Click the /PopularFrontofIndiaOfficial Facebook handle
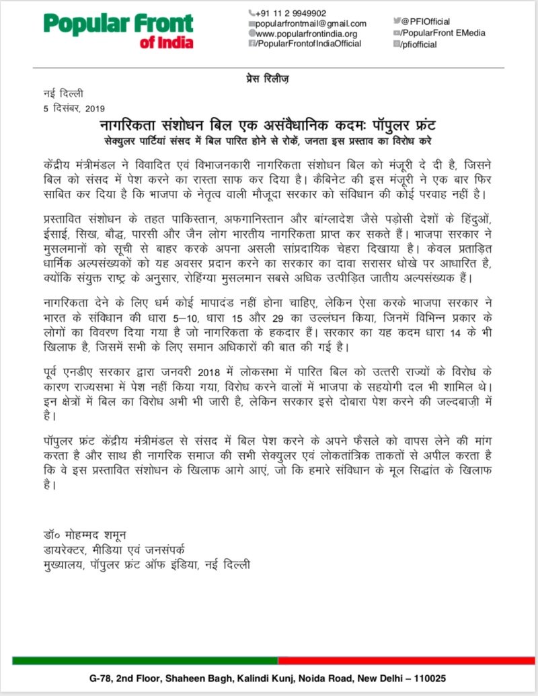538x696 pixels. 309,43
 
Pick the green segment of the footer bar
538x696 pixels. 145,660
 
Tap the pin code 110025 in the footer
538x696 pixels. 428,679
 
